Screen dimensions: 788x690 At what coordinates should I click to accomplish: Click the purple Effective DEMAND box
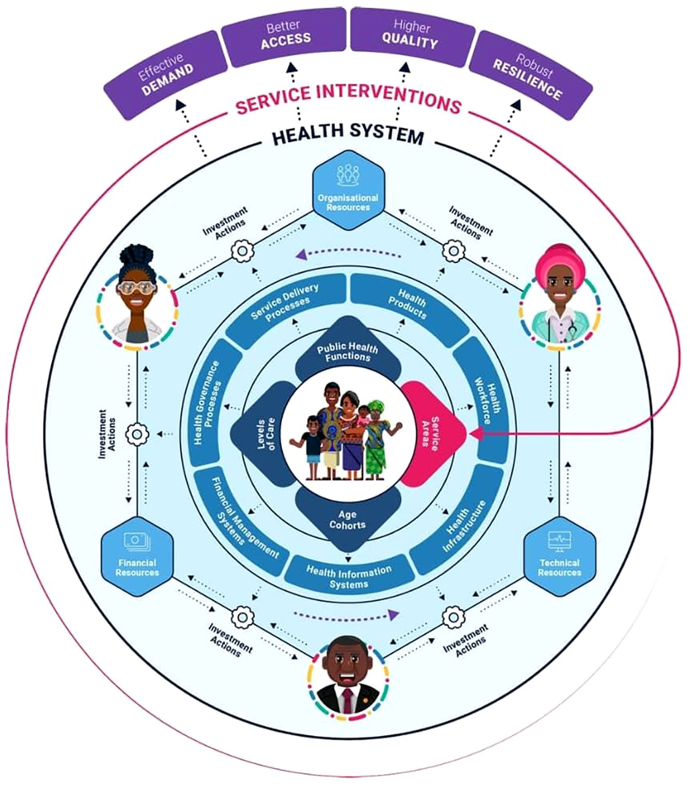click(165, 74)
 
